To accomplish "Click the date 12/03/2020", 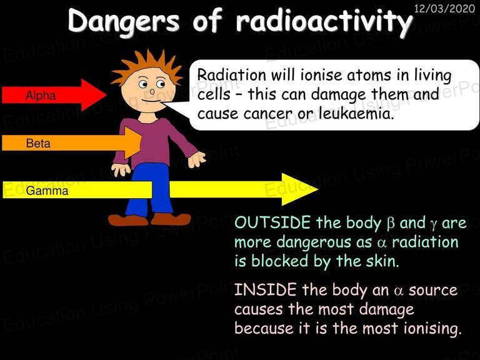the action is (444, 8).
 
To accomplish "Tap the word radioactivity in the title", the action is (324, 21).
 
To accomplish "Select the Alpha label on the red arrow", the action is (41, 96).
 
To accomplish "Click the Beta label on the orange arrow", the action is (38, 143).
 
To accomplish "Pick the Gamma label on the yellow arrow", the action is (47, 191).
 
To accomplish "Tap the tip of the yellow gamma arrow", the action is (317, 189).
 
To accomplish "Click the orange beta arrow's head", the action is (134, 143).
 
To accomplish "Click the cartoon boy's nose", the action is (152, 91).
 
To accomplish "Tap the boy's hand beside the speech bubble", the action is (196, 159).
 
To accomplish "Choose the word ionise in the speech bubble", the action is (320, 75).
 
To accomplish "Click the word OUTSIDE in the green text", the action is (272, 222).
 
